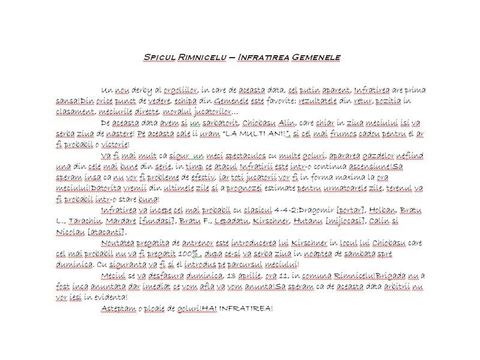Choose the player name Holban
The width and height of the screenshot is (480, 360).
pyautogui.click(x=380, y=210)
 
